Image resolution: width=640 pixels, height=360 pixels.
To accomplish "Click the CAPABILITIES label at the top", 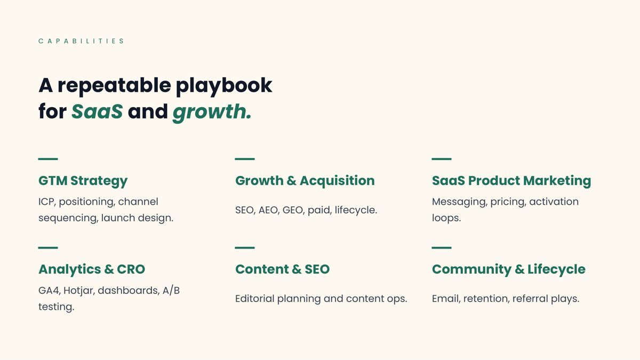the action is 81,41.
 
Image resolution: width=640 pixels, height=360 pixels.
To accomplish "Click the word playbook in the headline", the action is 223,86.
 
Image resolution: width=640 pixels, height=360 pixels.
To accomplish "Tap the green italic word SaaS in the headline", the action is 97,111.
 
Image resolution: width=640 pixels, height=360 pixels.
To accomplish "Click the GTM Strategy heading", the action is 83,181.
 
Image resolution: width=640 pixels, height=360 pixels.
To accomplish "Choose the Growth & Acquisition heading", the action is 305,181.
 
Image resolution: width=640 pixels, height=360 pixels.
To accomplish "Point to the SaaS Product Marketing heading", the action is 511,181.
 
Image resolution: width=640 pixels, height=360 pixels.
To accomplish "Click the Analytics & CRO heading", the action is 92,269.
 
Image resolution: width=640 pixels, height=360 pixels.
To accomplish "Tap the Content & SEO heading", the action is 282,269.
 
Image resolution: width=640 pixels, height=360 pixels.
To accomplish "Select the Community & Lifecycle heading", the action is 509,270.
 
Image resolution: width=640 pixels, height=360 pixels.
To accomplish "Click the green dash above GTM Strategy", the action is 48,159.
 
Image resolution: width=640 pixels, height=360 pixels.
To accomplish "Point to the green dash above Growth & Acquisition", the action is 245,159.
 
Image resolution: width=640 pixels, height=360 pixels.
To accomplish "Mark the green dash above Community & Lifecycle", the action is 442,247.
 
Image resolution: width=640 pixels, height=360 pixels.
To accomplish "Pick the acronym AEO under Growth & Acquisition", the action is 268,210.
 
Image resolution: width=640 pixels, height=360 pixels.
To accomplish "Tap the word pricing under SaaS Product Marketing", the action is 508,202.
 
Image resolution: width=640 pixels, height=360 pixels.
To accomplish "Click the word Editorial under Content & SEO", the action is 254,299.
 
